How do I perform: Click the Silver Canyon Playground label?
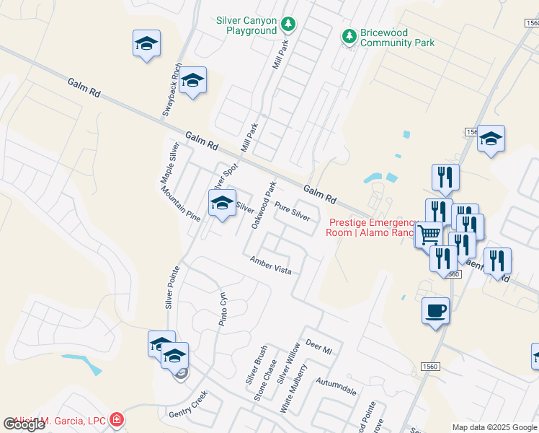pos(246,26)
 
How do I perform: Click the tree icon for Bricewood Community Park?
pos(349,36)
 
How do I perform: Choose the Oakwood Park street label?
pos(263,205)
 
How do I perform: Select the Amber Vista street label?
pos(270,265)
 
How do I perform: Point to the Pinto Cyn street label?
pos(223,310)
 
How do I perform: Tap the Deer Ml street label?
pos(318,346)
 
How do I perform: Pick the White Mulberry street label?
pos(293,389)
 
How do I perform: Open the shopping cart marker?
pos(429,235)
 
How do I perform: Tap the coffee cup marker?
pos(435,311)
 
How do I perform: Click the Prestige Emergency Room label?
pos(372,227)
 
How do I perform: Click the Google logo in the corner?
pos(24,424)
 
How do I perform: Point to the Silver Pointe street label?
pos(171,287)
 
